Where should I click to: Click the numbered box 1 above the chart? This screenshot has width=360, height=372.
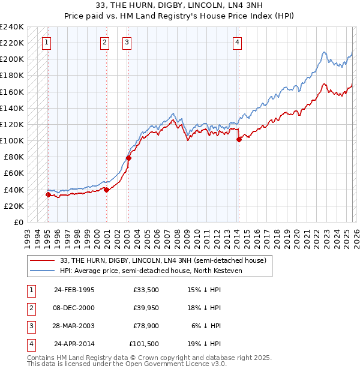click(x=46, y=42)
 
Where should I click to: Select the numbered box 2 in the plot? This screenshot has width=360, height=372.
click(x=104, y=42)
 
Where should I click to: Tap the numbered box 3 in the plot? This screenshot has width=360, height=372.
click(x=127, y=42)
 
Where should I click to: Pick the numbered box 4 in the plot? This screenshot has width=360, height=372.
click(x=238, y=42)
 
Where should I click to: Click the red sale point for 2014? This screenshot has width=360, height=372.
click(x=239, y=139)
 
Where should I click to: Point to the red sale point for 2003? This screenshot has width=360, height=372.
click(x=128, y=158)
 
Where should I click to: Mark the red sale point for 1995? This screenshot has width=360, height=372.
click(x=47, y=194)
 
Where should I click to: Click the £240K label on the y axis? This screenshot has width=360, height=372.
click(x=12, y=27)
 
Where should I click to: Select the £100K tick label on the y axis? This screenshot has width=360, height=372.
click(x=12, y=140)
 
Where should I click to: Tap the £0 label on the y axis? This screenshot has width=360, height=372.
click(x=17, y=222)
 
